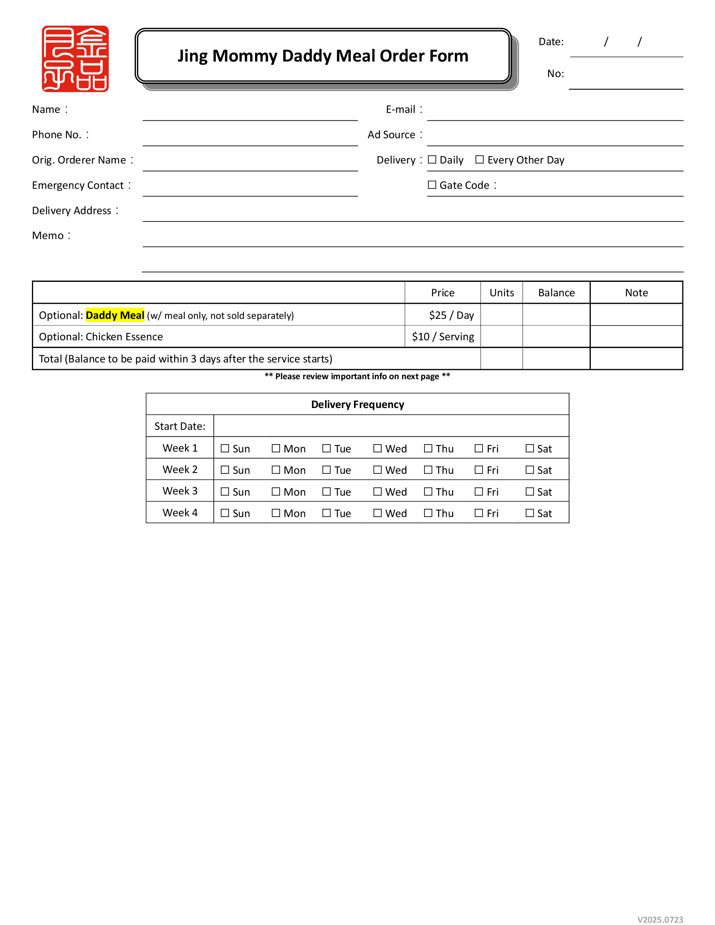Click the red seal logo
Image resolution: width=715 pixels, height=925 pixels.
coord(75,58)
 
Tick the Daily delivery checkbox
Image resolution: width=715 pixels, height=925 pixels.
coord(431,160)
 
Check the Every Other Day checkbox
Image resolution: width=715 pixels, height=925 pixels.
coord(479,160)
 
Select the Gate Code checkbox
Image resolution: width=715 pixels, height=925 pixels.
coord(431,185)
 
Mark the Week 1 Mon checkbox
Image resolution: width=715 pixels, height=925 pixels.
coord(276,448)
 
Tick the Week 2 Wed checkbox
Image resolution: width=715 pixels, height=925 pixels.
coord(377,470)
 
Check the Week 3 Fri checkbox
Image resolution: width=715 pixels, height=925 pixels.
coord(479,491)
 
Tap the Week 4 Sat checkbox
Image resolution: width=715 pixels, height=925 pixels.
coord(530,513)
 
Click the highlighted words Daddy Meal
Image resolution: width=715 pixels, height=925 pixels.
coord(115,315)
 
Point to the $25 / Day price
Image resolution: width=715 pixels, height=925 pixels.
coord(451,315)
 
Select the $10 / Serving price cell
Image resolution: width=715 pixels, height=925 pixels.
coord(443,337)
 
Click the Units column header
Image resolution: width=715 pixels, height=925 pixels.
coord(502,293)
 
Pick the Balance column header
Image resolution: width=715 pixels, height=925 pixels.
coord(556,293)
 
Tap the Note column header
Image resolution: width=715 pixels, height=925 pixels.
coord(636,293)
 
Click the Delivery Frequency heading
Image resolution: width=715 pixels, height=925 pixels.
coord(357,404)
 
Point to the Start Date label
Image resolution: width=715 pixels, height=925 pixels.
coord(180,426)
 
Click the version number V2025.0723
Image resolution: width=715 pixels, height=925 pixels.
coord(660,920)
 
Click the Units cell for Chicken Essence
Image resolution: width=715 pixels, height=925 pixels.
coord(502,337)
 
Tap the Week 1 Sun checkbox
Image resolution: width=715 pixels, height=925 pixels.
coord(225,448)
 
